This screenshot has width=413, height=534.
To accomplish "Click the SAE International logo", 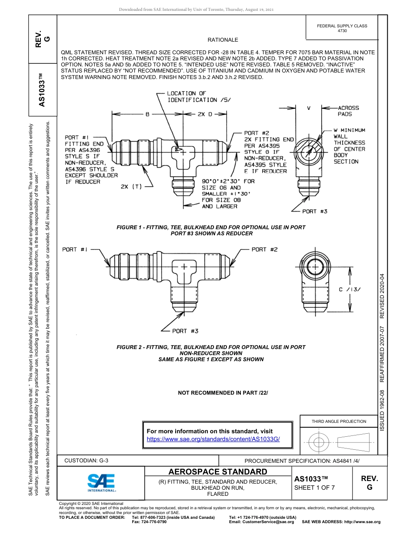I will (x=101, y=482).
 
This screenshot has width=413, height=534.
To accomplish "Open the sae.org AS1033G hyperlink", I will (x=213, y=439).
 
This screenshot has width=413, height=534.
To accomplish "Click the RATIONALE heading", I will (x=223, y=40).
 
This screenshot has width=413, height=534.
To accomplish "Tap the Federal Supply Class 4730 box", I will (x=342, y=28).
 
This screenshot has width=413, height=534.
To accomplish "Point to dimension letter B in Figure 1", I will (x=147, y=115).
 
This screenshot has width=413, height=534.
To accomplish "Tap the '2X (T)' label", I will (x=131, y=187).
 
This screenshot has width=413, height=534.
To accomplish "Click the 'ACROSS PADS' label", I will (x=348, y=111).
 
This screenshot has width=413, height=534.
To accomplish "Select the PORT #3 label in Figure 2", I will (x=185, y=331).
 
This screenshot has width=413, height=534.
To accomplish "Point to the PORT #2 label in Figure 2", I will (x=264, y=250).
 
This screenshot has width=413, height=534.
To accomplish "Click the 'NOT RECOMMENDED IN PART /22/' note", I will (x=223, y=393).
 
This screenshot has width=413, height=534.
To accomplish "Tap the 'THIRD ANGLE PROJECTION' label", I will (x=339, y=421).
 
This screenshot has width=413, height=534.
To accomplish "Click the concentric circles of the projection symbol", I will (x=319, y=442).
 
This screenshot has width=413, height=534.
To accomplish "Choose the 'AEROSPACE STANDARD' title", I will (x=218, y=472).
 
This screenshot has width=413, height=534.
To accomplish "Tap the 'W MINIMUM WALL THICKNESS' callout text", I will (x=349, y=146).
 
